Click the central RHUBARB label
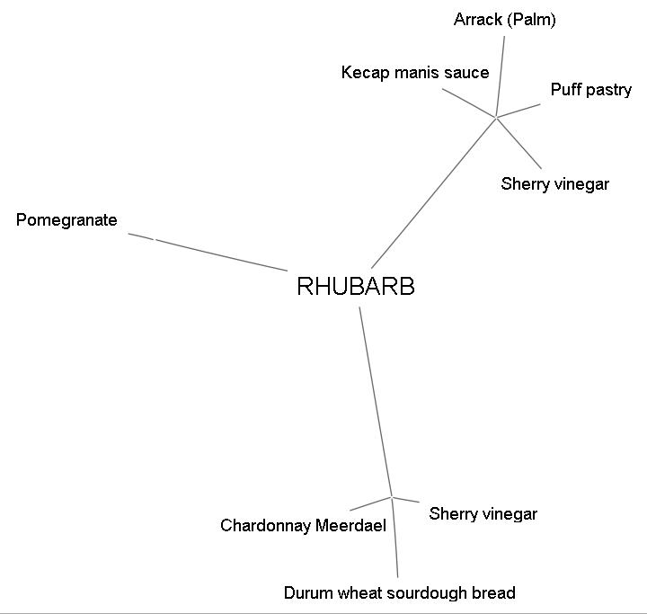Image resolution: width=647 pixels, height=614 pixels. click(355, 287)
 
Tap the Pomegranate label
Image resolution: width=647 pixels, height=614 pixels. click(66, 220)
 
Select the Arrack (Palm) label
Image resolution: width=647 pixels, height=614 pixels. click(504, 20)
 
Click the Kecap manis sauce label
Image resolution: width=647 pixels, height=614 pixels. click(415, 73)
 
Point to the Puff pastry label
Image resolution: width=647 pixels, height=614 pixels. click(590, 90)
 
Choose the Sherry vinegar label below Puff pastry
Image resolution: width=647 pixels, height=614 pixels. click(554, 184)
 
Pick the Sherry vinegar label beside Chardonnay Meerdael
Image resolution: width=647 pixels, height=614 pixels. click(483, 514)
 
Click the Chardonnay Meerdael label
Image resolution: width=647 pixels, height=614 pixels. click(303, 526)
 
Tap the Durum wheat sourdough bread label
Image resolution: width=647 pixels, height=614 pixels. click(399, 593)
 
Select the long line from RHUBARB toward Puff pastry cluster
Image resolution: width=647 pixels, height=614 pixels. click(433, 192)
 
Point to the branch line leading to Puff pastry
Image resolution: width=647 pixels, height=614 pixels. click(518, 111)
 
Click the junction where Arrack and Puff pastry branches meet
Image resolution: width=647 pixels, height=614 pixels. click(496, 117)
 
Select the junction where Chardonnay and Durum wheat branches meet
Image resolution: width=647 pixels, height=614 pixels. click(392, 496)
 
